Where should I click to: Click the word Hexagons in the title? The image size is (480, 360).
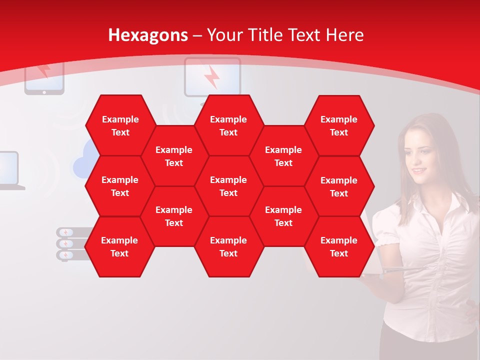148,35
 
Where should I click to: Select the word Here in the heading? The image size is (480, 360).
344,35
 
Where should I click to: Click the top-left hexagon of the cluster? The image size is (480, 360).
120,125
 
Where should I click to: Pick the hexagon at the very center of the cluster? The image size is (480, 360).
228,186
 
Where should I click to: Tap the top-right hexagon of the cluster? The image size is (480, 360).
339,125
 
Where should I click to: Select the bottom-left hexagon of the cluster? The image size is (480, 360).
119,246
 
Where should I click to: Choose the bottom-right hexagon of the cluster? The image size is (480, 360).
339,246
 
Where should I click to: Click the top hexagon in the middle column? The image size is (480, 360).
228,125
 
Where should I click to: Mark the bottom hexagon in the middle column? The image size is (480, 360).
228,246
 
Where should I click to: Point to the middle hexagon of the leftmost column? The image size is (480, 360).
120,186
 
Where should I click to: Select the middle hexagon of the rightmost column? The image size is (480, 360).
339,186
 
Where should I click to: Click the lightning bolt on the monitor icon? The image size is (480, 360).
212,77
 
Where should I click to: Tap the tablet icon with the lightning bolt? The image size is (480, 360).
44,77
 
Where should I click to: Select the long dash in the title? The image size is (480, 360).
197,35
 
